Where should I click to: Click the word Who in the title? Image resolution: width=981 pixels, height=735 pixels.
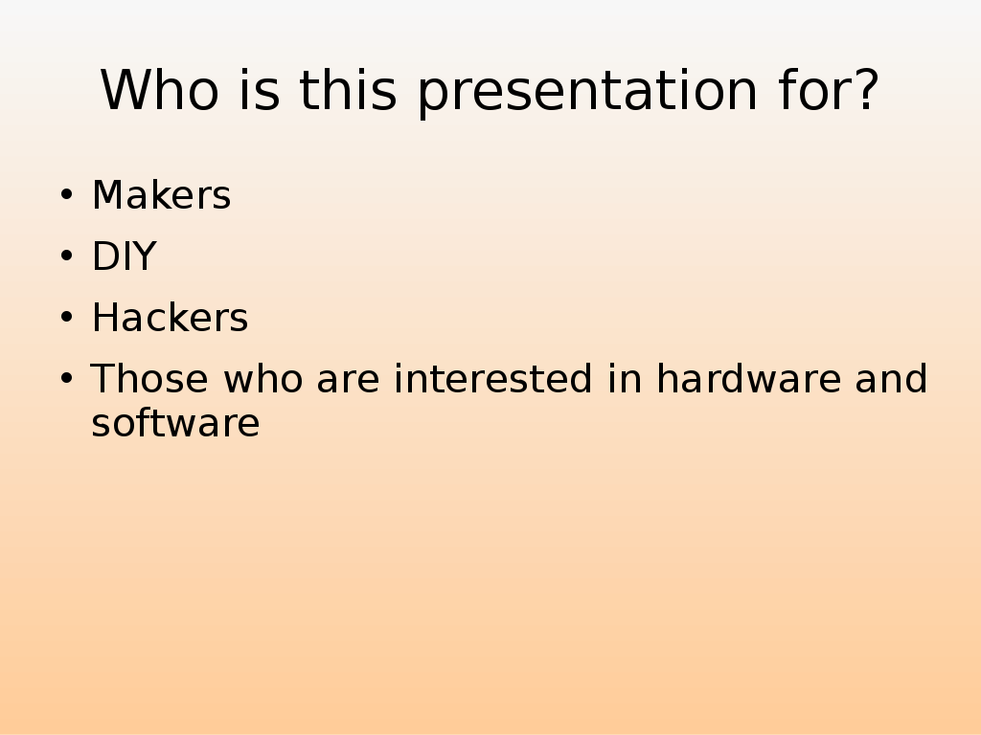(160, 90)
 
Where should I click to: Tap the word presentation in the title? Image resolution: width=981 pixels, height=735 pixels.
(587, 93)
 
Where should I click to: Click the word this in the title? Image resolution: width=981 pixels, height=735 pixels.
(348, 90)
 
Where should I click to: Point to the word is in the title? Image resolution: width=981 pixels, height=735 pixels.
(259, 90)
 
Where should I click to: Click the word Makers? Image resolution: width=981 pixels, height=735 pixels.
(161, 195)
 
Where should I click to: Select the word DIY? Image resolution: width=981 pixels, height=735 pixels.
(124, 256)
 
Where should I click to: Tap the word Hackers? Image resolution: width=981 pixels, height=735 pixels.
(171, 317)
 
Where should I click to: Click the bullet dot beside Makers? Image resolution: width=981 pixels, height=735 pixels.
(67, 194)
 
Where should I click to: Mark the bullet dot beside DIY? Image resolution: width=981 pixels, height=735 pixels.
(67, 256)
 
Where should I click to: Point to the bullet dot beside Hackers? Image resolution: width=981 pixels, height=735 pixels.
(67, 317)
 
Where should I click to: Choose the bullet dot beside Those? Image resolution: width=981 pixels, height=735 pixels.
(67, 378)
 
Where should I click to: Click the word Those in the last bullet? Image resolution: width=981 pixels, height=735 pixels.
(149, 378)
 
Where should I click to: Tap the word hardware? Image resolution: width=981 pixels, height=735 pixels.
(749, 378)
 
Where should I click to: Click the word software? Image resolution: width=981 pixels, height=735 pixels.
(176, 422)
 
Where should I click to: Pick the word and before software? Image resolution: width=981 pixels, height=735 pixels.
(892, 378)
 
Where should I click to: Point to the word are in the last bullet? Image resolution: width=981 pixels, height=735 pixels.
(348, 382)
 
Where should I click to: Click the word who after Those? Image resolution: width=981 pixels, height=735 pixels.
(263, 378)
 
